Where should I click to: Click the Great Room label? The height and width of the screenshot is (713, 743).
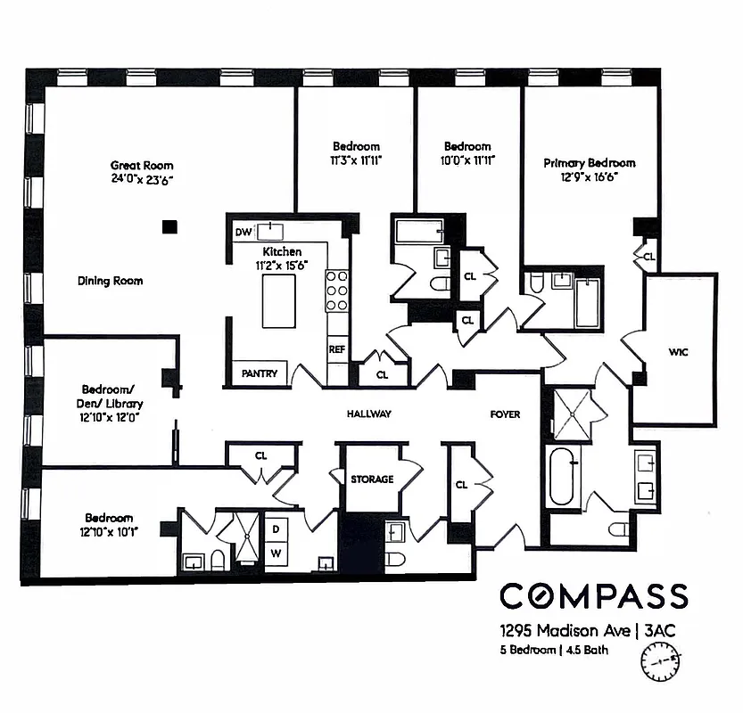(x=142, y=165)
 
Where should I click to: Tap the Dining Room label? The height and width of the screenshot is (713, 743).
(x=110, y=281)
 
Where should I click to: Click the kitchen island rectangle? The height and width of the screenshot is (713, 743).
(x=279, y=301)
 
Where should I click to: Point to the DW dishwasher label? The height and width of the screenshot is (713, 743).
(x=243, y=233)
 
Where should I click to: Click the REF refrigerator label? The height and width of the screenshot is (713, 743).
(x=336, y=349)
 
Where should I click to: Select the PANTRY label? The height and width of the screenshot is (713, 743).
(x=260, y=374)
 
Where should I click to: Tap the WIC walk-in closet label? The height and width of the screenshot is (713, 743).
(x=678, y=352)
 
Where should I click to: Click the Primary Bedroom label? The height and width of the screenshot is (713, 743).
(x=590, y=163)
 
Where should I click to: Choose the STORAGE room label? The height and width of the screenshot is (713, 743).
(x=372, y=479)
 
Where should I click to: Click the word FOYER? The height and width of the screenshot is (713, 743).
(x=505, y=414)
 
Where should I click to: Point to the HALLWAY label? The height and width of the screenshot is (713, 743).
(x=369, y=414)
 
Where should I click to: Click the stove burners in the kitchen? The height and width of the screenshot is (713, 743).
(x=337, y=291)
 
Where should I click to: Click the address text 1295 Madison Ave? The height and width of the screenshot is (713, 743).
(x=559, y=631)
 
